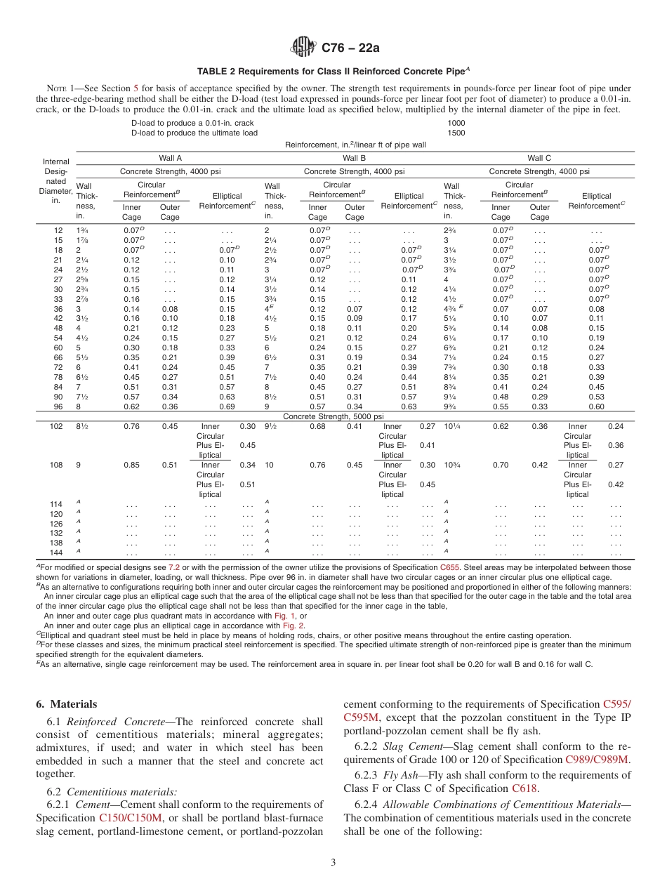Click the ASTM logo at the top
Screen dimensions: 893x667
click(x=303, y=48)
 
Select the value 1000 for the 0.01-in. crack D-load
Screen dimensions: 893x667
click(x=456, y=123)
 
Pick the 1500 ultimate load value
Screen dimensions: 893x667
click(x=456, y=133)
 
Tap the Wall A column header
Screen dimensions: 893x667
click(x=170, y=159)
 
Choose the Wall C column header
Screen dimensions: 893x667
click(x=539, y=159)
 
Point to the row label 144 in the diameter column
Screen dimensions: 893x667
click(x=57, y=553)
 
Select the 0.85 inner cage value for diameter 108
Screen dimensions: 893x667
click(x=131, y=465)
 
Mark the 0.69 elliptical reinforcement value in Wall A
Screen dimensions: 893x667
click(x=227, y=406)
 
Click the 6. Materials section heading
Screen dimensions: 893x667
click(x=66, y=704)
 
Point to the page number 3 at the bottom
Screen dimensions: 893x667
click(x=333, y=862)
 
